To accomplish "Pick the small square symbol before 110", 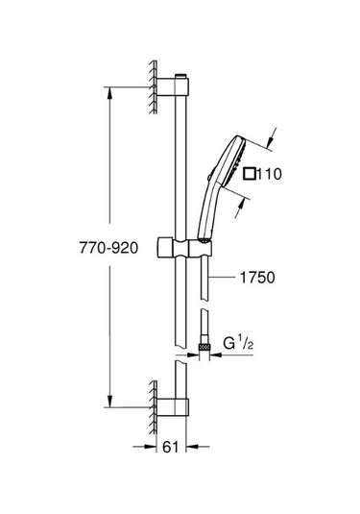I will click(x=250, y=174).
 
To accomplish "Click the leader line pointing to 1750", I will click(x=223, y=278).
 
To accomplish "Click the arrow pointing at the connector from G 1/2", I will click(x=216, y=353).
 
